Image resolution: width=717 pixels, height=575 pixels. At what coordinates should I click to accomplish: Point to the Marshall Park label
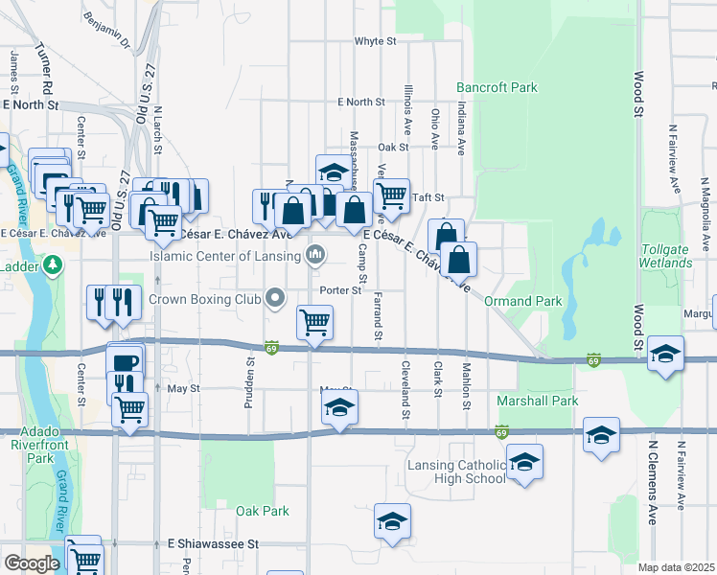(538, 401)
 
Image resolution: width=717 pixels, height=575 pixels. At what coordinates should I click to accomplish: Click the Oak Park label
(263, 511)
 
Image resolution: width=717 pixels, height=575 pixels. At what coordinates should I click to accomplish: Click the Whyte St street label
(375, 41)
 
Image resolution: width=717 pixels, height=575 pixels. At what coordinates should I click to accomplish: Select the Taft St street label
(428, 197)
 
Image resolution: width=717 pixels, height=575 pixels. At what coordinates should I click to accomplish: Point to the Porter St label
(341, 289)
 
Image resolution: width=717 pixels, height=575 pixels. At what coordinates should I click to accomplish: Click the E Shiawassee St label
(212, 542)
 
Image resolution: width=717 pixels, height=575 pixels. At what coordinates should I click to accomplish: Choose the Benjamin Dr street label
(106, 30)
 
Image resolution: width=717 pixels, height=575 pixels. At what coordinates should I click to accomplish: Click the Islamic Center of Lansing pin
(314, 255)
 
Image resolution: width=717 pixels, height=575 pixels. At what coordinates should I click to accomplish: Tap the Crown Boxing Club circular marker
(276, 299)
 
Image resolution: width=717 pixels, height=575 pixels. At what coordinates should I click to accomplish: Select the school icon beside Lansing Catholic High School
(524, 464)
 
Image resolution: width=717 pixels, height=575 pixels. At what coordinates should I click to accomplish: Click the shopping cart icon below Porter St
(314, 323)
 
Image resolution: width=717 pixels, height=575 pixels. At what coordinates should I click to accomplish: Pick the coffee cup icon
(127, 360)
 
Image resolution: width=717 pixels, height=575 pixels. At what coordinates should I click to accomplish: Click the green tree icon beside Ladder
(55, 263)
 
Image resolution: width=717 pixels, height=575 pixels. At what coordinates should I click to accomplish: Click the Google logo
(32, 563)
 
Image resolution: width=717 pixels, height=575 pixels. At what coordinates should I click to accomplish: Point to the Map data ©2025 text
(676, 567)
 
